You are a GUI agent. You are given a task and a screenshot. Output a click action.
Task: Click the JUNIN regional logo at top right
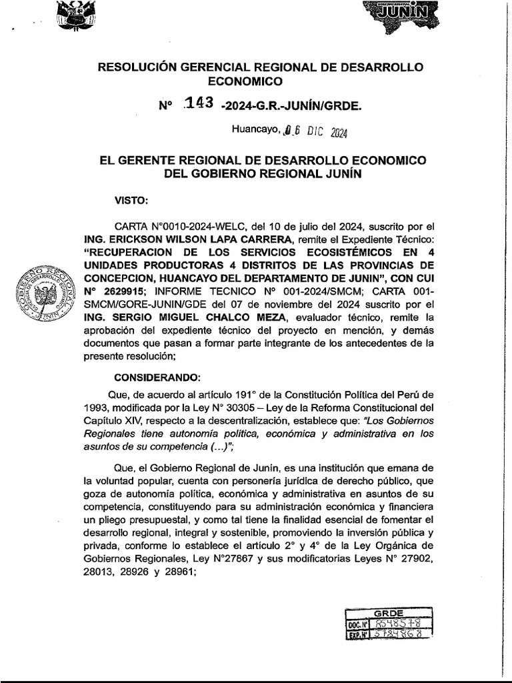400,13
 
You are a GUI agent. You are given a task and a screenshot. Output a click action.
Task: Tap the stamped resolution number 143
199,103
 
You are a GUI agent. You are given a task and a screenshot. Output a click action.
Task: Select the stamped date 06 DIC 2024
313,131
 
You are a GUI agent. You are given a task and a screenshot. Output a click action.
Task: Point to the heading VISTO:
131,199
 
